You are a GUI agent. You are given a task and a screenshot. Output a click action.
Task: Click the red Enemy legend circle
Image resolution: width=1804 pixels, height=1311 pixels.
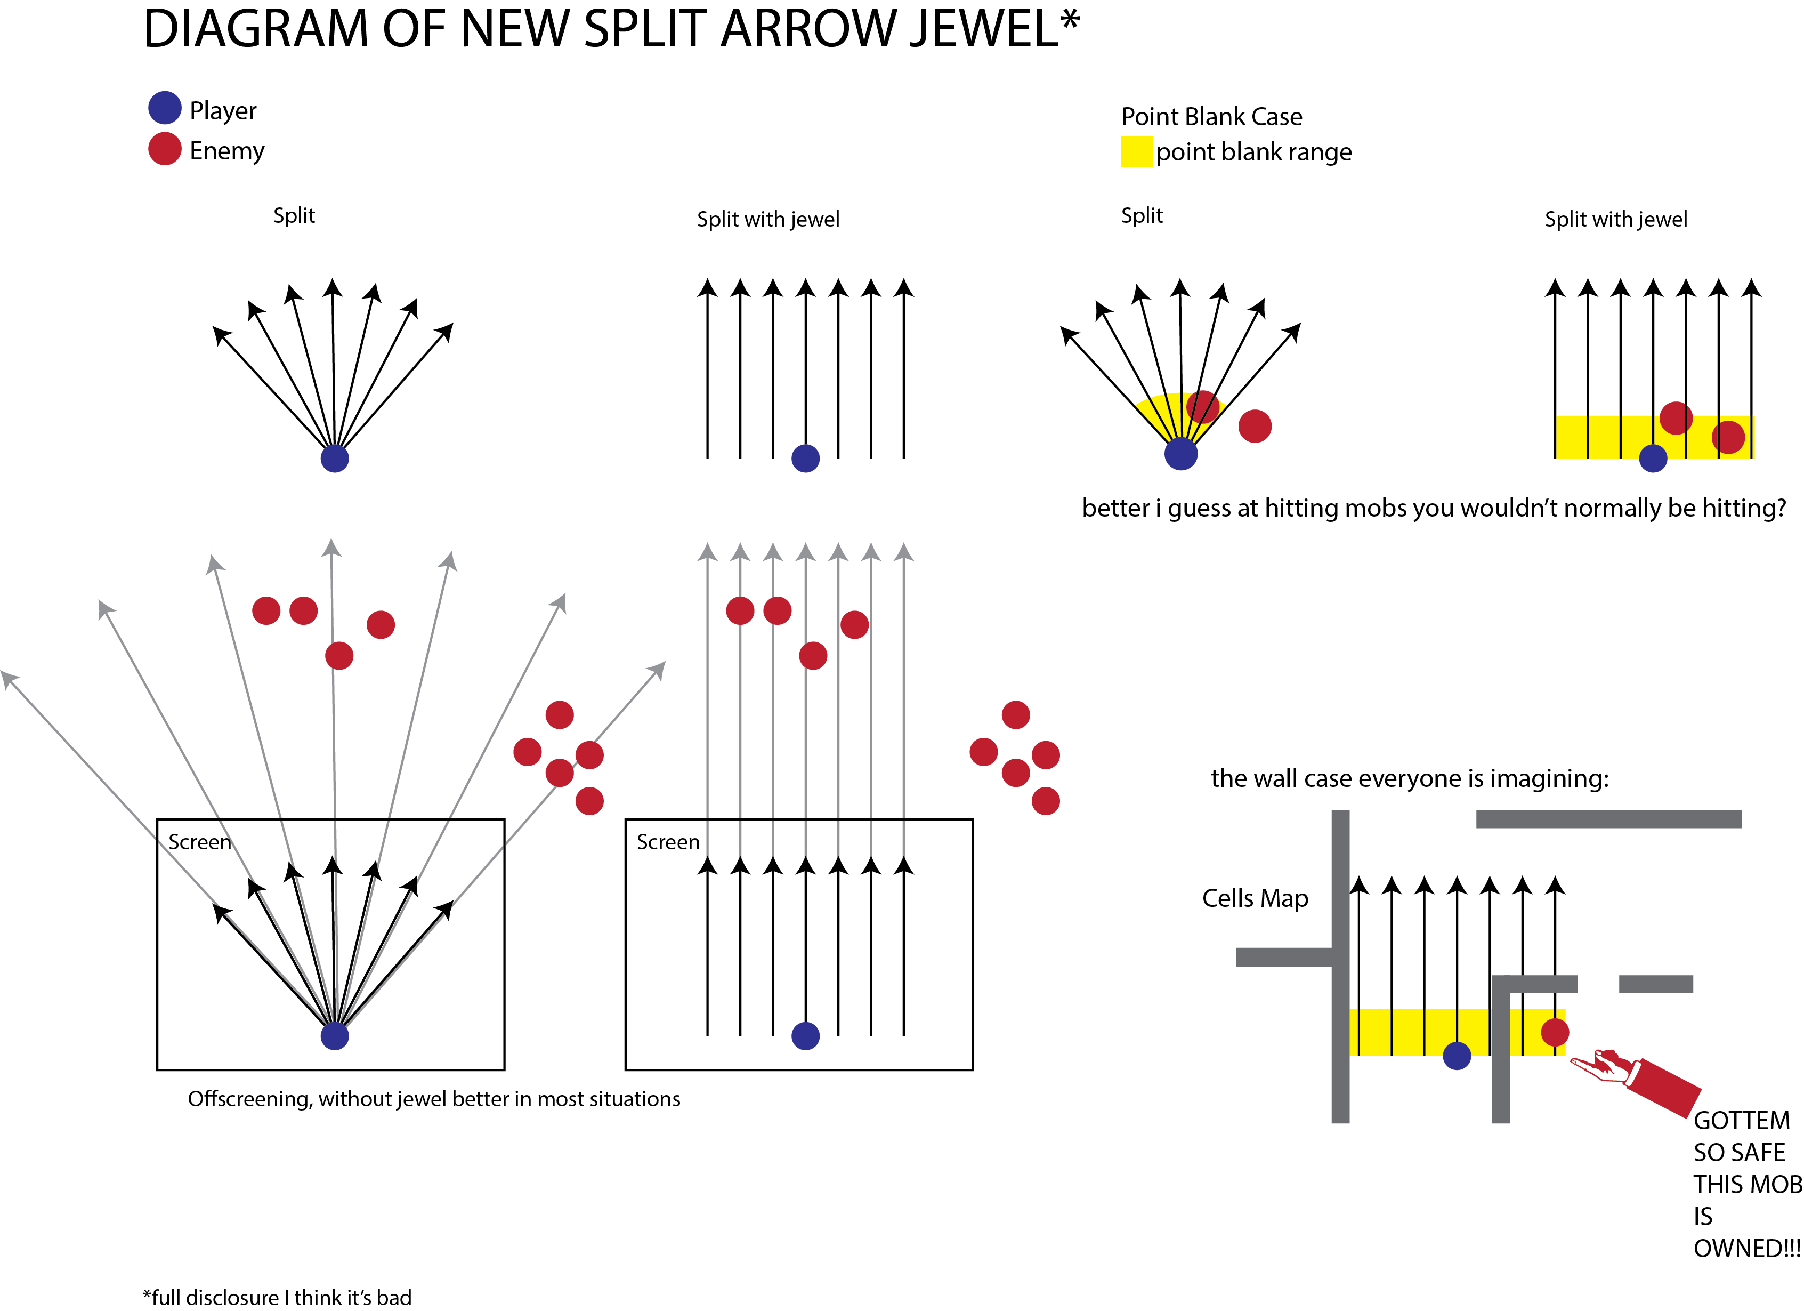coord(165,149)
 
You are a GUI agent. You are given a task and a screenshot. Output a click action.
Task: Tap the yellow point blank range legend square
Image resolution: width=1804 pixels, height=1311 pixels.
coord(1136,151)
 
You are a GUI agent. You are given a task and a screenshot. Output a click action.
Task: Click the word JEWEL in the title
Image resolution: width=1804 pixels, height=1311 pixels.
coord(983,29)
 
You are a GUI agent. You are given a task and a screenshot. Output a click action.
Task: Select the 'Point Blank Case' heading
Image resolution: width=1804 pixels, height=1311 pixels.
coord(1211,117)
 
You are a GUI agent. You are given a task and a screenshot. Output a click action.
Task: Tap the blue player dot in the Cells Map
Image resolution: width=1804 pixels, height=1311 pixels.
coord(1457,1056)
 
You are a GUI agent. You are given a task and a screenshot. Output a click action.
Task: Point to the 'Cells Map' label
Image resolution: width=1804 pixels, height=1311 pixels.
coord(1255,898)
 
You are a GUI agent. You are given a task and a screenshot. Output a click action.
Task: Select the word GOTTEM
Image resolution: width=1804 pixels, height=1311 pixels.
coord(1741,1120)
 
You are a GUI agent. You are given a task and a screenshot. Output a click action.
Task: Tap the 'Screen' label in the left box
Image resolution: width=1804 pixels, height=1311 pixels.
coord(200,842)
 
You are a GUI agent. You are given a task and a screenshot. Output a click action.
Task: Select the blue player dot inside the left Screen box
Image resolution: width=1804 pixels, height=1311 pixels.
coord(334,1036)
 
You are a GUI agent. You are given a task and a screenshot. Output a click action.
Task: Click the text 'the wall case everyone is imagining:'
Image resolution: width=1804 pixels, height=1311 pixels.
coord(1409,778)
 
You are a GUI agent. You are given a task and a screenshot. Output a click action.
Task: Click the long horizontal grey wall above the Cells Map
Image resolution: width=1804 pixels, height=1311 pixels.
coord(1608,819)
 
